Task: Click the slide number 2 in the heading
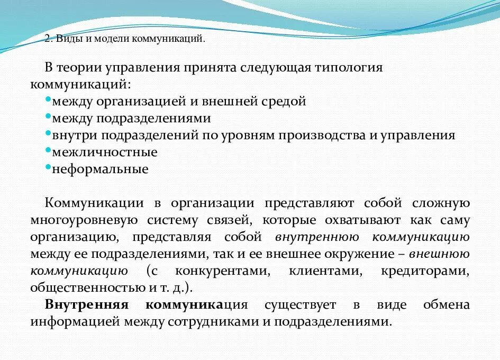pos(47,39)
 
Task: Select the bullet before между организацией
pos(48,98)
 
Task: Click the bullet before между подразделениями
pos(48,115)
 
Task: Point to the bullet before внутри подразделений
pos(48,132)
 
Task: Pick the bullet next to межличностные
pos(48,149)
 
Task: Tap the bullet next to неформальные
pos(48,166)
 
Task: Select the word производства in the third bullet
pos(319,135)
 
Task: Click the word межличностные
pos(105,152)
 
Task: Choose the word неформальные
pos(100,169)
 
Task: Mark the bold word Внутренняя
pos(79,305)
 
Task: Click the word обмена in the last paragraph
pos(446,305)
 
